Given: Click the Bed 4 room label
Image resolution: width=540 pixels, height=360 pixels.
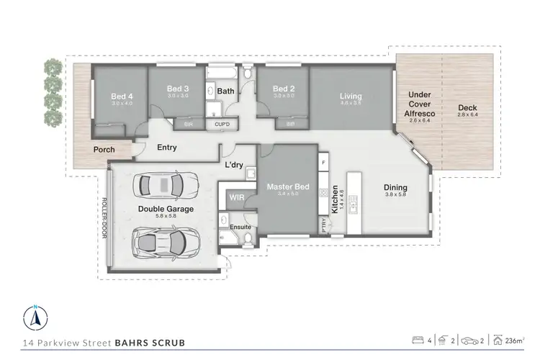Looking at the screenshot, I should tap(121, 96).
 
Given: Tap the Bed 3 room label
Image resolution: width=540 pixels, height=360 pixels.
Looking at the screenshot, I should tap(178, 89).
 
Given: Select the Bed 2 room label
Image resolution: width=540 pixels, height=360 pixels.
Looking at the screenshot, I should tap(283, 89).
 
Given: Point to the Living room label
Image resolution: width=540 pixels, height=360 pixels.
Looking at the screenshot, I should tap(351, 96).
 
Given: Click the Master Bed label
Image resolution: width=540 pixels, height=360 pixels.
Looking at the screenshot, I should tap(287, 187).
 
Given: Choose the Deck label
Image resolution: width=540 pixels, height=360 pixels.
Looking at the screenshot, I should tap(467, 109).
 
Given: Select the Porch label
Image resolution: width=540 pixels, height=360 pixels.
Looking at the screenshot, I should tap(104, 150).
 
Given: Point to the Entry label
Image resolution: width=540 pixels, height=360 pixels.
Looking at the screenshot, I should tap(167, 148).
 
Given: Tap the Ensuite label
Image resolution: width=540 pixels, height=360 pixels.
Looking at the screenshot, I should tap(240, 227).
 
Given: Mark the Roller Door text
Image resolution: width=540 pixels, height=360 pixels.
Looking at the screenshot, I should tap(104, 217).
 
